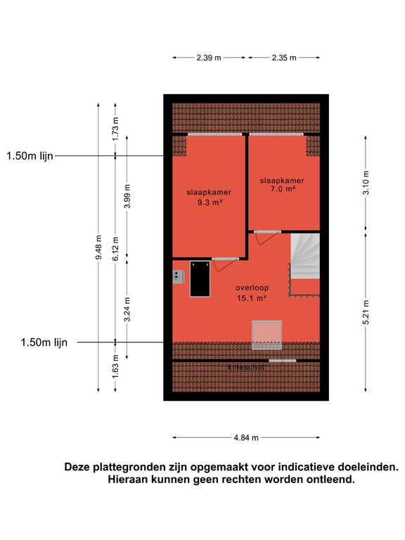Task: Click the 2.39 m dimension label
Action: [x=209, y=58]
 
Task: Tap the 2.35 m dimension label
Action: [x=284, y=58]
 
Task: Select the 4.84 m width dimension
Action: [x=246, y=438]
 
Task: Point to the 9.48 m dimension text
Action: [x=98, y=247]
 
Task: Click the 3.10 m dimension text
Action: [x=366, y=183]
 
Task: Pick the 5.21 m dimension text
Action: [x=366, y=312]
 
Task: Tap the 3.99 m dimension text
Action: [x=127, y=196]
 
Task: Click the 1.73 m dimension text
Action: [x=115, y=129]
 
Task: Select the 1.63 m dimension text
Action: [x=115, y=367]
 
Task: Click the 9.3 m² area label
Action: [x=209, y=202]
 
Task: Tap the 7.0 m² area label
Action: [x=283, y=188]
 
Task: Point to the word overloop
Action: [x=252, y=288]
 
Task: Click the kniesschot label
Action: [x=246, y=368]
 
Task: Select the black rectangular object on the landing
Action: [x=200, y=278]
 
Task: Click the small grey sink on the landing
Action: [x=178, y=276]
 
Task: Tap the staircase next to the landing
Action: [x=305, y=264]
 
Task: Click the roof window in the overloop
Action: [x=266, y=335]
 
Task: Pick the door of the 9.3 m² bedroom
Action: [x=225, y=264]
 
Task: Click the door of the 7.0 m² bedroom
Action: [x=268, y=237]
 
